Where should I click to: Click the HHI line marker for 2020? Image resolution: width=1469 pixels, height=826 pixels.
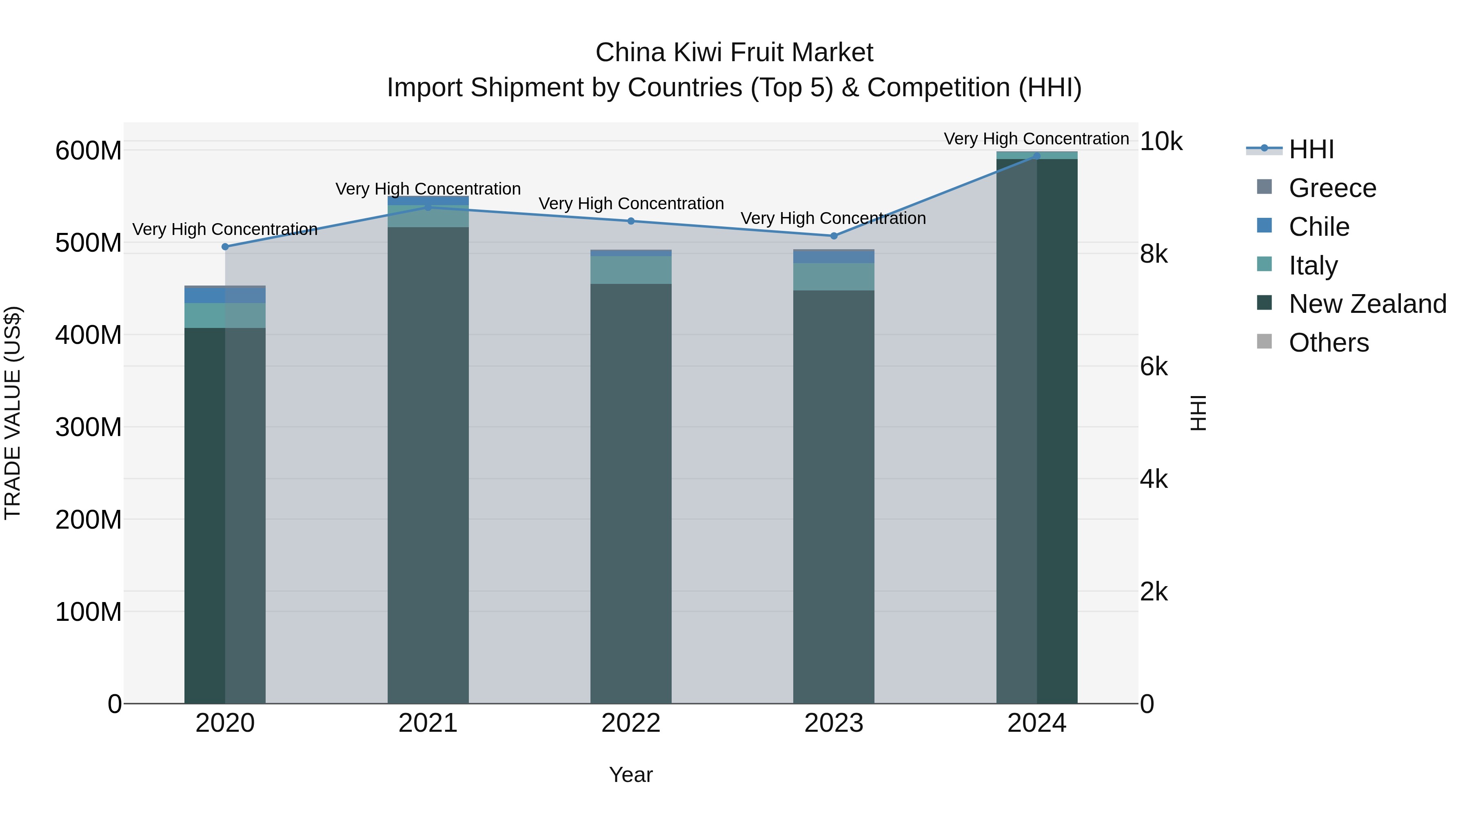(225, 247)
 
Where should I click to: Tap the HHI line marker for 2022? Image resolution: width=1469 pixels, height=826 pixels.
(631, 221)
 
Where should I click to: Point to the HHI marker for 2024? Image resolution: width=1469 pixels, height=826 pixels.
(1037, 156)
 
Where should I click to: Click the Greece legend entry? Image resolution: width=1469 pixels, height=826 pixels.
(1332, 188)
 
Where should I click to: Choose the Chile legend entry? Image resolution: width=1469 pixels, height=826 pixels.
(1318, 227)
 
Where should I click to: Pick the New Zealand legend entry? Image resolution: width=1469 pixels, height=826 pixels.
(1367, 304)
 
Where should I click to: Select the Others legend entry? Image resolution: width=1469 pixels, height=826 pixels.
(1328, 343)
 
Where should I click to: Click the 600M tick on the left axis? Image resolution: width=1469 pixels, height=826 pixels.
(89, 151)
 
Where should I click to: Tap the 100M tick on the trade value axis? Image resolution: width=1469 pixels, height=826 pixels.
(89, 612)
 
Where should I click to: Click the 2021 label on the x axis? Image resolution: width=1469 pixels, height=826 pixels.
(428, 723)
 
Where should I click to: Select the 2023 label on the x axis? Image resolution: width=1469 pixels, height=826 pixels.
(834, 723)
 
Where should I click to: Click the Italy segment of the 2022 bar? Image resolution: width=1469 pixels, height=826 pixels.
(631, 270)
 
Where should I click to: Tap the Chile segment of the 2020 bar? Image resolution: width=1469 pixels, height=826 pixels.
(225, 295)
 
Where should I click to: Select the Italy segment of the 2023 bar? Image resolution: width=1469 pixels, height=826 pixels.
(834, 277)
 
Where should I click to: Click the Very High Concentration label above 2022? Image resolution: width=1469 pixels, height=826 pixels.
(631, 204)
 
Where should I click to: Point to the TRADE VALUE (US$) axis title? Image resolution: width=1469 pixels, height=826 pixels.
(13, 413)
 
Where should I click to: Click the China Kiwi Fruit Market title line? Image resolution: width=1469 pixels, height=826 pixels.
(734, 53)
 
